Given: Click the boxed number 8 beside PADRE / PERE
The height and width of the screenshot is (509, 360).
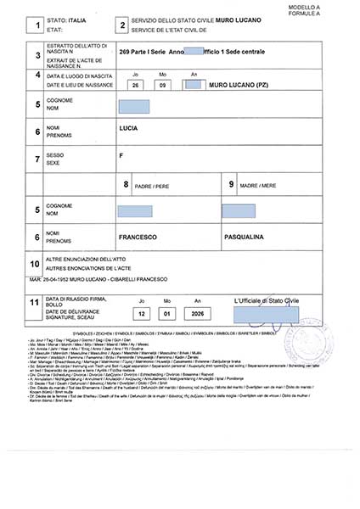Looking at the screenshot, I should [x=127, y=184].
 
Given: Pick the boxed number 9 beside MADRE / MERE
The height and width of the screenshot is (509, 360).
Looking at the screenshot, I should [x=231, y=184].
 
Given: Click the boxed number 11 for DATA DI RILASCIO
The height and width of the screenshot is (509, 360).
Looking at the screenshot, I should [x=37, y=301].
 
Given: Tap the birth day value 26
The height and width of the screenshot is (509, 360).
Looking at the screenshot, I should [x=135, y=84].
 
